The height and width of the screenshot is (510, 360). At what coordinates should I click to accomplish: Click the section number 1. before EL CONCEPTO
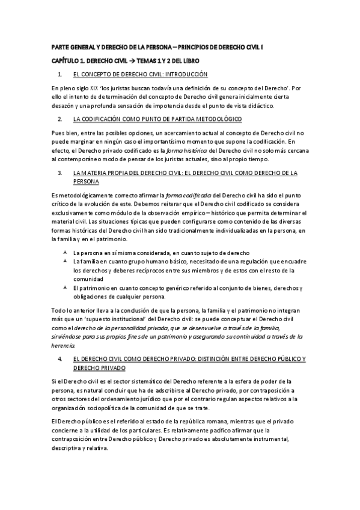pos(59,74)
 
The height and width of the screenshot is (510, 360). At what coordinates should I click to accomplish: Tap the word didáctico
pos(257,105)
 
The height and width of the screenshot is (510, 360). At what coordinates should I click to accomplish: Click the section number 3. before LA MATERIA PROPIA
pos(59,173)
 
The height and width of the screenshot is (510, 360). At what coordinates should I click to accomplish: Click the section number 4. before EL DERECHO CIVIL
pos(59,359)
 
